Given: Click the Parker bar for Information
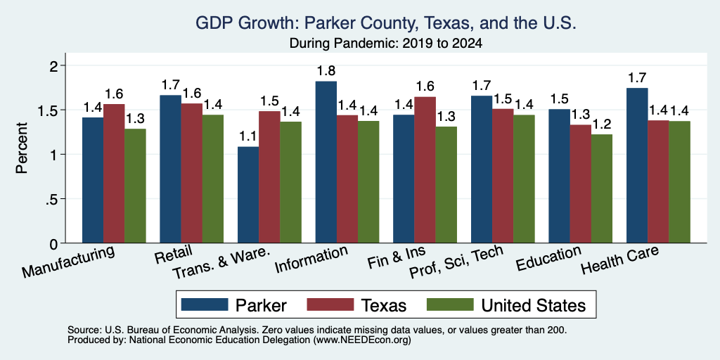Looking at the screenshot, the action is (x=326, y=162).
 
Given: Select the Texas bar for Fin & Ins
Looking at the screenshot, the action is (x=425, y=170).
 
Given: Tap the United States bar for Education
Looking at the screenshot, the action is (x=602, y=188).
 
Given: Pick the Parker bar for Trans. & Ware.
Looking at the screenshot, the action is (x=248, y=195).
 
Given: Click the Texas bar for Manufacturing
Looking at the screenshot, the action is (x=114, y=174).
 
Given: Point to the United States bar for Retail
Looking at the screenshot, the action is (x=212, y=179).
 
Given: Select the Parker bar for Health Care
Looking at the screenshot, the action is (x=637, y=165).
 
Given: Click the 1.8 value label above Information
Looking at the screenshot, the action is (x=326, y=71).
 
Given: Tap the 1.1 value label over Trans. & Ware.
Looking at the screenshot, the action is (x=248, y=136).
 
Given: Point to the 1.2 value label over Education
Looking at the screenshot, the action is (x=602, y=124).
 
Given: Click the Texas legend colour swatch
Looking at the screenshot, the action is (x=330, y=304).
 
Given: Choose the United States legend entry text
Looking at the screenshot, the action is (x=534, y=305).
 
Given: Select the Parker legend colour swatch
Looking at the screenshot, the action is (x=205, y=304).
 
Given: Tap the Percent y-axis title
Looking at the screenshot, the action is (x=22, y=148).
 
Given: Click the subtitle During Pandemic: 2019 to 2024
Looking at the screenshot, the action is (x=386, y=44).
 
